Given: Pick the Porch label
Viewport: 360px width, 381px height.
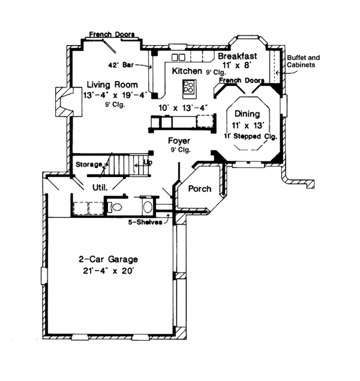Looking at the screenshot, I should (200, 189).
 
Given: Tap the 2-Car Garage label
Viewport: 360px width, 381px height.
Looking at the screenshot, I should (108, 260).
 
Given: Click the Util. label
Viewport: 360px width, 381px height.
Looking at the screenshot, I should (99, 187).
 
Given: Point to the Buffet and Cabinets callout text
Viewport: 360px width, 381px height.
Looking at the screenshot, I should (303, 61).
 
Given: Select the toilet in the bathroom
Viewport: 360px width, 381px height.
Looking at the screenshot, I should (115, 208).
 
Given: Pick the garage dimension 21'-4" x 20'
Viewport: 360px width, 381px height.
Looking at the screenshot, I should (108, 271).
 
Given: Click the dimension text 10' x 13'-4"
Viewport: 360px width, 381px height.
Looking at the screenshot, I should (183, 107).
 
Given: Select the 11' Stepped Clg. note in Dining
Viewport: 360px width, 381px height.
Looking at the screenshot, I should (248, 136).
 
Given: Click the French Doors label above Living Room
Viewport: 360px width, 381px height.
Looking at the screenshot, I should (112, 34).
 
